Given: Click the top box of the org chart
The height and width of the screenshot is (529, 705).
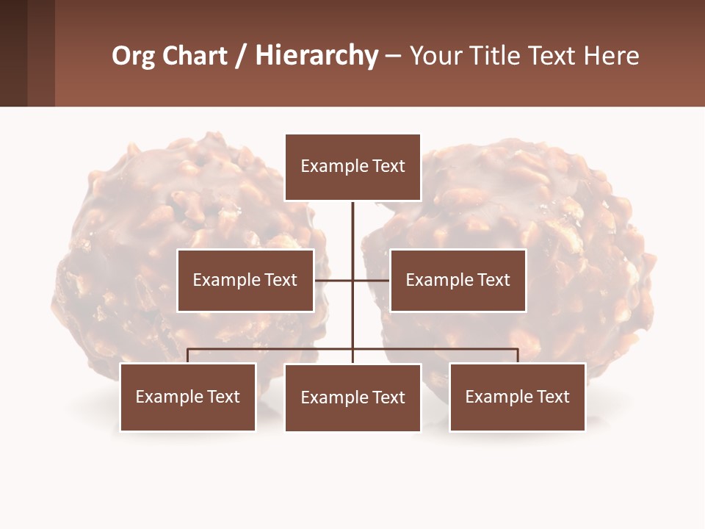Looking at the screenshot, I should (352, 167).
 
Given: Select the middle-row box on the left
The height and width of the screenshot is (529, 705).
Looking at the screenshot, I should (245, 280).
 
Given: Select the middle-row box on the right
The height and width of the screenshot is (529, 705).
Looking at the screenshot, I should (458, 280).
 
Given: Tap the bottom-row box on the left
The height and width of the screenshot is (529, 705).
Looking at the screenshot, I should (188, 397).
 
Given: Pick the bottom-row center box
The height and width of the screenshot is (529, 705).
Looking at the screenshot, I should (352, 397).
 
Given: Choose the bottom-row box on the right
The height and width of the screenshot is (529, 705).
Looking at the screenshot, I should (517, 397).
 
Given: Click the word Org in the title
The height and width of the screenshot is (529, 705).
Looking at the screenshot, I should (133, 57).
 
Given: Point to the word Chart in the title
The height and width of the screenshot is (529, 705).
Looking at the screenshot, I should (194, 56).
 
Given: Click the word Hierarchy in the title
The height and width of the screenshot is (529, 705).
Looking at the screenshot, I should (317, 56).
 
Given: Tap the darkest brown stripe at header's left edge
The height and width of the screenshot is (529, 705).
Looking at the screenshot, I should (13, 53).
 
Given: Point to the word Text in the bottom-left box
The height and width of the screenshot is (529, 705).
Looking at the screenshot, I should (223, 397).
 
